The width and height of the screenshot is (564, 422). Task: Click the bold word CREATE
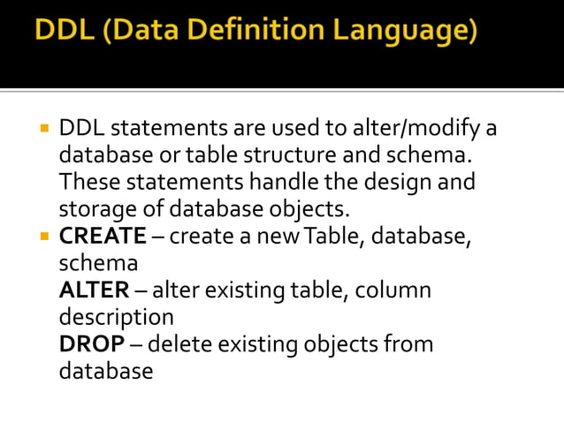coord(103,237)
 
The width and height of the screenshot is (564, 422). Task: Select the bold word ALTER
coord(94,290)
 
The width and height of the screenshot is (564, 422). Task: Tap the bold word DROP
coord(89,344)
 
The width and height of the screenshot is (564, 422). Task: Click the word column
coord(395,290)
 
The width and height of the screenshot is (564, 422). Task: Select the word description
coord(116,317)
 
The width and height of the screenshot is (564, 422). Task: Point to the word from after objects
coord(409,344)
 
